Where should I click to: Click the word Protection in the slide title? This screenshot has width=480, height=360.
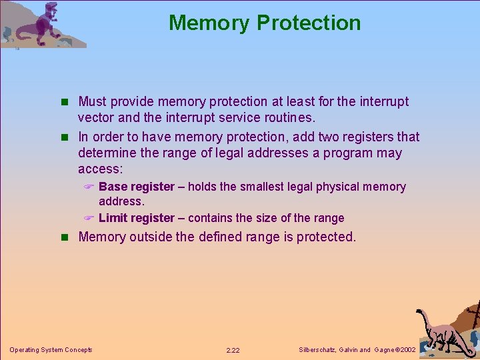click(309, 23)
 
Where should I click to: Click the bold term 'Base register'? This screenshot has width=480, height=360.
click(136, 187)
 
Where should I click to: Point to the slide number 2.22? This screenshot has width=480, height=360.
click(233, 350)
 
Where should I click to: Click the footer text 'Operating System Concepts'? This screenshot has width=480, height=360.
click(51, 350)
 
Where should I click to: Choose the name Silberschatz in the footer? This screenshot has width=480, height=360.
click(317, 350)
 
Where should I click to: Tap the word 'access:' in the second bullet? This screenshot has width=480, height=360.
click(101, 169)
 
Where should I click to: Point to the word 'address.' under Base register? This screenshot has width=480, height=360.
click(121, 201)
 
